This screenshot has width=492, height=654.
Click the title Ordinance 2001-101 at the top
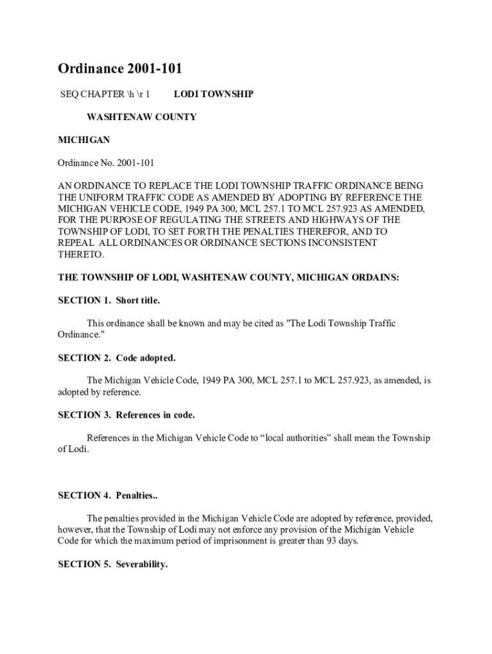125,69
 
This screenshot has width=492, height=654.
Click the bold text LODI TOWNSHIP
213,95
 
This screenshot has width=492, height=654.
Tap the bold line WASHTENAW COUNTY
141,117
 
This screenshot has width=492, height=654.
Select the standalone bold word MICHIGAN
84,140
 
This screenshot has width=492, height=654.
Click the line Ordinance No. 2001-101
106,163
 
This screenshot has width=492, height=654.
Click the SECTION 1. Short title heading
109,300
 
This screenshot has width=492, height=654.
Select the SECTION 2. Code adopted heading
116,358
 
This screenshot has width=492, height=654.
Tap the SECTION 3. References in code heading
127,415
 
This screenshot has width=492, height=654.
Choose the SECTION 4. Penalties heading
107,496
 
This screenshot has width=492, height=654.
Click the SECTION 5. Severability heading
112,565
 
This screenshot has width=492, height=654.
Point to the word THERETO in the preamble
81,254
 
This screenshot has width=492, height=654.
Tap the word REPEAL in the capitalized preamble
75,243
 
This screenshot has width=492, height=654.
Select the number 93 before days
330,542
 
